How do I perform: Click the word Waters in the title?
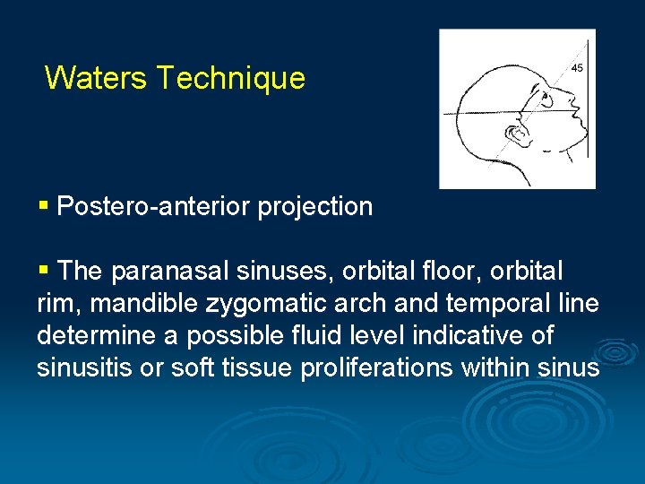96,78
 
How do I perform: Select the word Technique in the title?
230,78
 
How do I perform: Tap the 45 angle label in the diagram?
578,68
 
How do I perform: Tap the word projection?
315,207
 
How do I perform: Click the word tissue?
252,367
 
